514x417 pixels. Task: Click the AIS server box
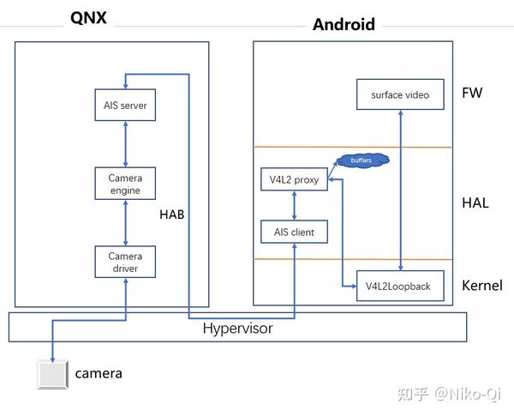coord(125,106)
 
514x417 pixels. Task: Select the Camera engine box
coord(125,184)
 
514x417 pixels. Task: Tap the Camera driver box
coord(125,262)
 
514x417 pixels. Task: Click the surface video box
coord(400,94)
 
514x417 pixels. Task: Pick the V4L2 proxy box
coord(293,180)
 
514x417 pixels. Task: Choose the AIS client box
coord(293,232)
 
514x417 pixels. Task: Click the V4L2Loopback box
coord(400,286)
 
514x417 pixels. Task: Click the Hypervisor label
coord(237,328)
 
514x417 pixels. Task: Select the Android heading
coord(344,24)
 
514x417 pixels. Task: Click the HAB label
coord(171,214)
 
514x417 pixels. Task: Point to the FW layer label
coord(472,93)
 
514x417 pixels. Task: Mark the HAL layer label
coord(475,202)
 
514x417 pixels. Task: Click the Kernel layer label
coord(481,286)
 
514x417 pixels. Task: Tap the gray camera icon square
coord(51,375)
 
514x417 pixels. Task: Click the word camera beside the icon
coord(99,373)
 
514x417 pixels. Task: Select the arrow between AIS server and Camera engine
coord(125,144)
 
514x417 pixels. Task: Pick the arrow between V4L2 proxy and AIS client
coord(294,206)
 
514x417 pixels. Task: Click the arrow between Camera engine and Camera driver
coord(125,223)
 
